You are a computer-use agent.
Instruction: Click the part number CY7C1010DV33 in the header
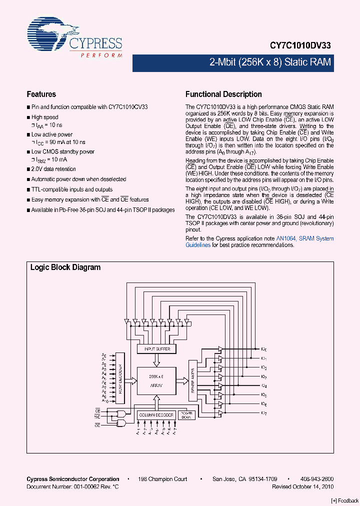[x=299, y=45]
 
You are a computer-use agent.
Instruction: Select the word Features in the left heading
[x=41, y=94]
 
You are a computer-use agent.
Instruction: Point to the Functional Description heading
[x=223, y=94]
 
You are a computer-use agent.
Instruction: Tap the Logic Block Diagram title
[x=65, y=267]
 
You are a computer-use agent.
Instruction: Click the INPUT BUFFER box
[x=157, y=348]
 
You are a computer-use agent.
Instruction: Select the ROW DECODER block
[x=120, y=378]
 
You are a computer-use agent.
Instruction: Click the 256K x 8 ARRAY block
[x=157, y=380]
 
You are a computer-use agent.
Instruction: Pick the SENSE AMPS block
[x=193, y=380]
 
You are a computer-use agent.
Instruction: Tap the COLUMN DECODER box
[x=156, y=415]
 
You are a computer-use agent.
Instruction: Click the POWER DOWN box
[x=185, y=415]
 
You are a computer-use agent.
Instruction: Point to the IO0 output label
[x=264, y=349]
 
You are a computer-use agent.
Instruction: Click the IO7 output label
[x=264, y=412]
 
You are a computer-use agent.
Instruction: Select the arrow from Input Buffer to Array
[x=157, y=360]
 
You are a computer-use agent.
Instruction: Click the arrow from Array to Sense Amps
[x=182, y=380]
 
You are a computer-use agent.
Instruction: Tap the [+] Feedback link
[x=345, y=500]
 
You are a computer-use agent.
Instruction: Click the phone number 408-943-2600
[x=317, y=479]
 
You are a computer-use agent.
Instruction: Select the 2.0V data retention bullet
[x=53, y=169]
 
